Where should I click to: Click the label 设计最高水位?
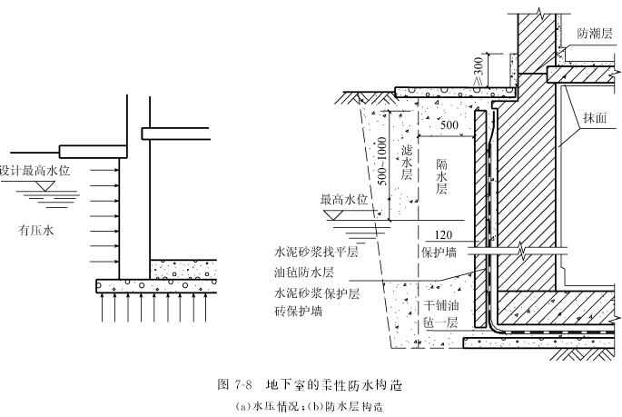(35, 171)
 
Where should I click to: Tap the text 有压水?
(35, 230)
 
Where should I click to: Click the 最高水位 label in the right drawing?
(344, 199)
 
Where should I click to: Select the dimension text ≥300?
(479, 72)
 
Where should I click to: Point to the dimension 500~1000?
(381, 161)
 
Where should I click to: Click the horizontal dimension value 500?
(449, 125)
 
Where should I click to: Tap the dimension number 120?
(443, 235)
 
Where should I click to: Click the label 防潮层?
(595, 34)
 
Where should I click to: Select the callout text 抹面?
(595, 117)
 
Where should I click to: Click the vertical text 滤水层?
(407, 163)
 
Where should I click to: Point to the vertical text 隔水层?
(441, 176)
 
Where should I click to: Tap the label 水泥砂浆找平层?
(316, 252)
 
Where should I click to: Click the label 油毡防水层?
(304, 273)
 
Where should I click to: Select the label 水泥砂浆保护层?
(317, 293)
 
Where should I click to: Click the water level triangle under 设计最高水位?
(44, 185)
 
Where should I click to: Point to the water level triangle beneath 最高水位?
(334, 214)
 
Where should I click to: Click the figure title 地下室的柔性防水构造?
(334, 385)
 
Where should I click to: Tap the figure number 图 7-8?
(235, 385)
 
